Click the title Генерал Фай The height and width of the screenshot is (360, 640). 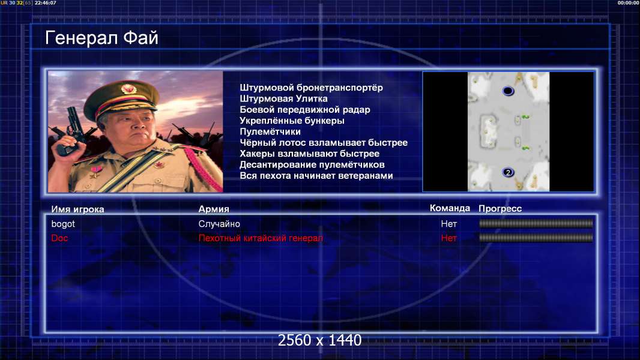[101, 38]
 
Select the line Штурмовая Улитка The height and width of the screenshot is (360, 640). [283, 98]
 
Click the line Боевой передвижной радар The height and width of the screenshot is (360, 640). [305, 110]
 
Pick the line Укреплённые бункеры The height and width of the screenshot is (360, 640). [292, 121]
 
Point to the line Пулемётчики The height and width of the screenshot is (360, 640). [270, 131]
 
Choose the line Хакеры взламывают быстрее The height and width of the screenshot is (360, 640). [309, 154]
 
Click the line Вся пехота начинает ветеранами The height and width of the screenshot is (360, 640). [316, 176]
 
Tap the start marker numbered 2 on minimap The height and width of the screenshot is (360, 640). [508, 172]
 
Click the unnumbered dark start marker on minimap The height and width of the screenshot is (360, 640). [508, 91]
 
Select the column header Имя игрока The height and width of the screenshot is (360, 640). [77, 209]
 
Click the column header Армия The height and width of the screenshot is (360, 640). [214, 209]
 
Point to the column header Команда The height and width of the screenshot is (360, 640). [450, 208]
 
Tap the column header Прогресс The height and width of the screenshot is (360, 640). [500, 209]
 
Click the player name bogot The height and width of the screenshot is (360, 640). [63, 224]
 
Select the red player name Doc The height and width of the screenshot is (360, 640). [59, 238]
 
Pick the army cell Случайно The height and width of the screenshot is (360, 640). [219, 224]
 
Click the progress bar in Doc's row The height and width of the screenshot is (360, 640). [536, 238]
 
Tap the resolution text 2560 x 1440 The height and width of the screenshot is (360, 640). [319, 340]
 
